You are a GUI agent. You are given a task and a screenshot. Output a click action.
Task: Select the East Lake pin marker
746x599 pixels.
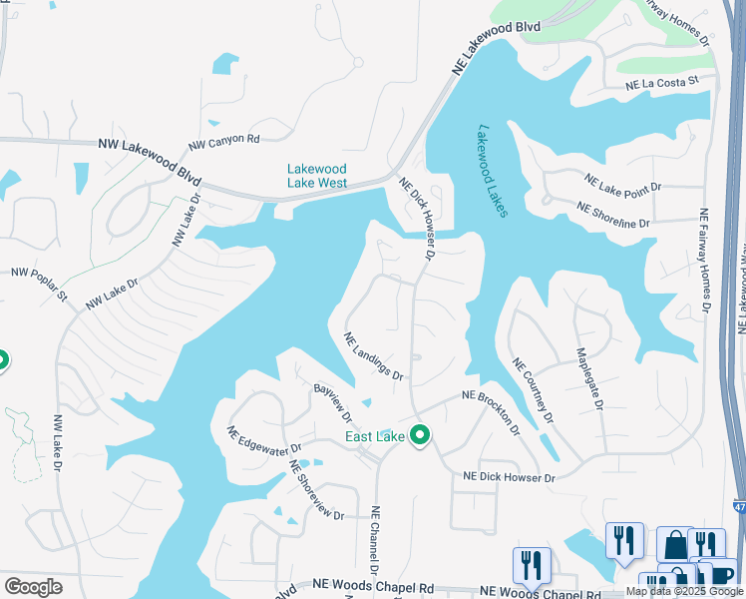pyautogui.click(x=420, y=436)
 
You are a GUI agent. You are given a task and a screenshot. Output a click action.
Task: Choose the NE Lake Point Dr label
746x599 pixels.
pyautogui.click(x=629, y=186)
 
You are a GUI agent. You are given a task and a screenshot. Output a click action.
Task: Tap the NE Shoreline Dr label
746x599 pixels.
pyautogui.click(x=613, y=214)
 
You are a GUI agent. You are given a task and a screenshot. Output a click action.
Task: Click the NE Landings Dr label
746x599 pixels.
pyautogui.click(x=374, y=356)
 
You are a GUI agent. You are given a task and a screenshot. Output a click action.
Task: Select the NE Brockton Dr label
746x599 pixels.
pyautogui.click(x=492, y=411)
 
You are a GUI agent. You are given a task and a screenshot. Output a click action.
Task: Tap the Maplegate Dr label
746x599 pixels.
pyautogui.click(x=589, y=378)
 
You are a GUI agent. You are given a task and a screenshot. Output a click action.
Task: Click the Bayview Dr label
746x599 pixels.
pyautogui.click(x=333, y=403)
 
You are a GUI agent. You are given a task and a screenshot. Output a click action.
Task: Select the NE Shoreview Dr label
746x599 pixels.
pyautogui.click(x=316, y=489)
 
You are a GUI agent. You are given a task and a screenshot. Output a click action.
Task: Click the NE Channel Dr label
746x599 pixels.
pyautogui.click(x=376, y=539)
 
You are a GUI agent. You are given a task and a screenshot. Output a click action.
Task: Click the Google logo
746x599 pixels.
pyautogui.click(x=33, y=587)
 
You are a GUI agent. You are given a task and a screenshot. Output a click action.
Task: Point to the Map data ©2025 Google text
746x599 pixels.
pyautogui.click(x=684, y=591)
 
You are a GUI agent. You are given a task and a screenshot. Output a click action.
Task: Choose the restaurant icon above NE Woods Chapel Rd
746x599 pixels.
pyautogui.click(x=531, y=565)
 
